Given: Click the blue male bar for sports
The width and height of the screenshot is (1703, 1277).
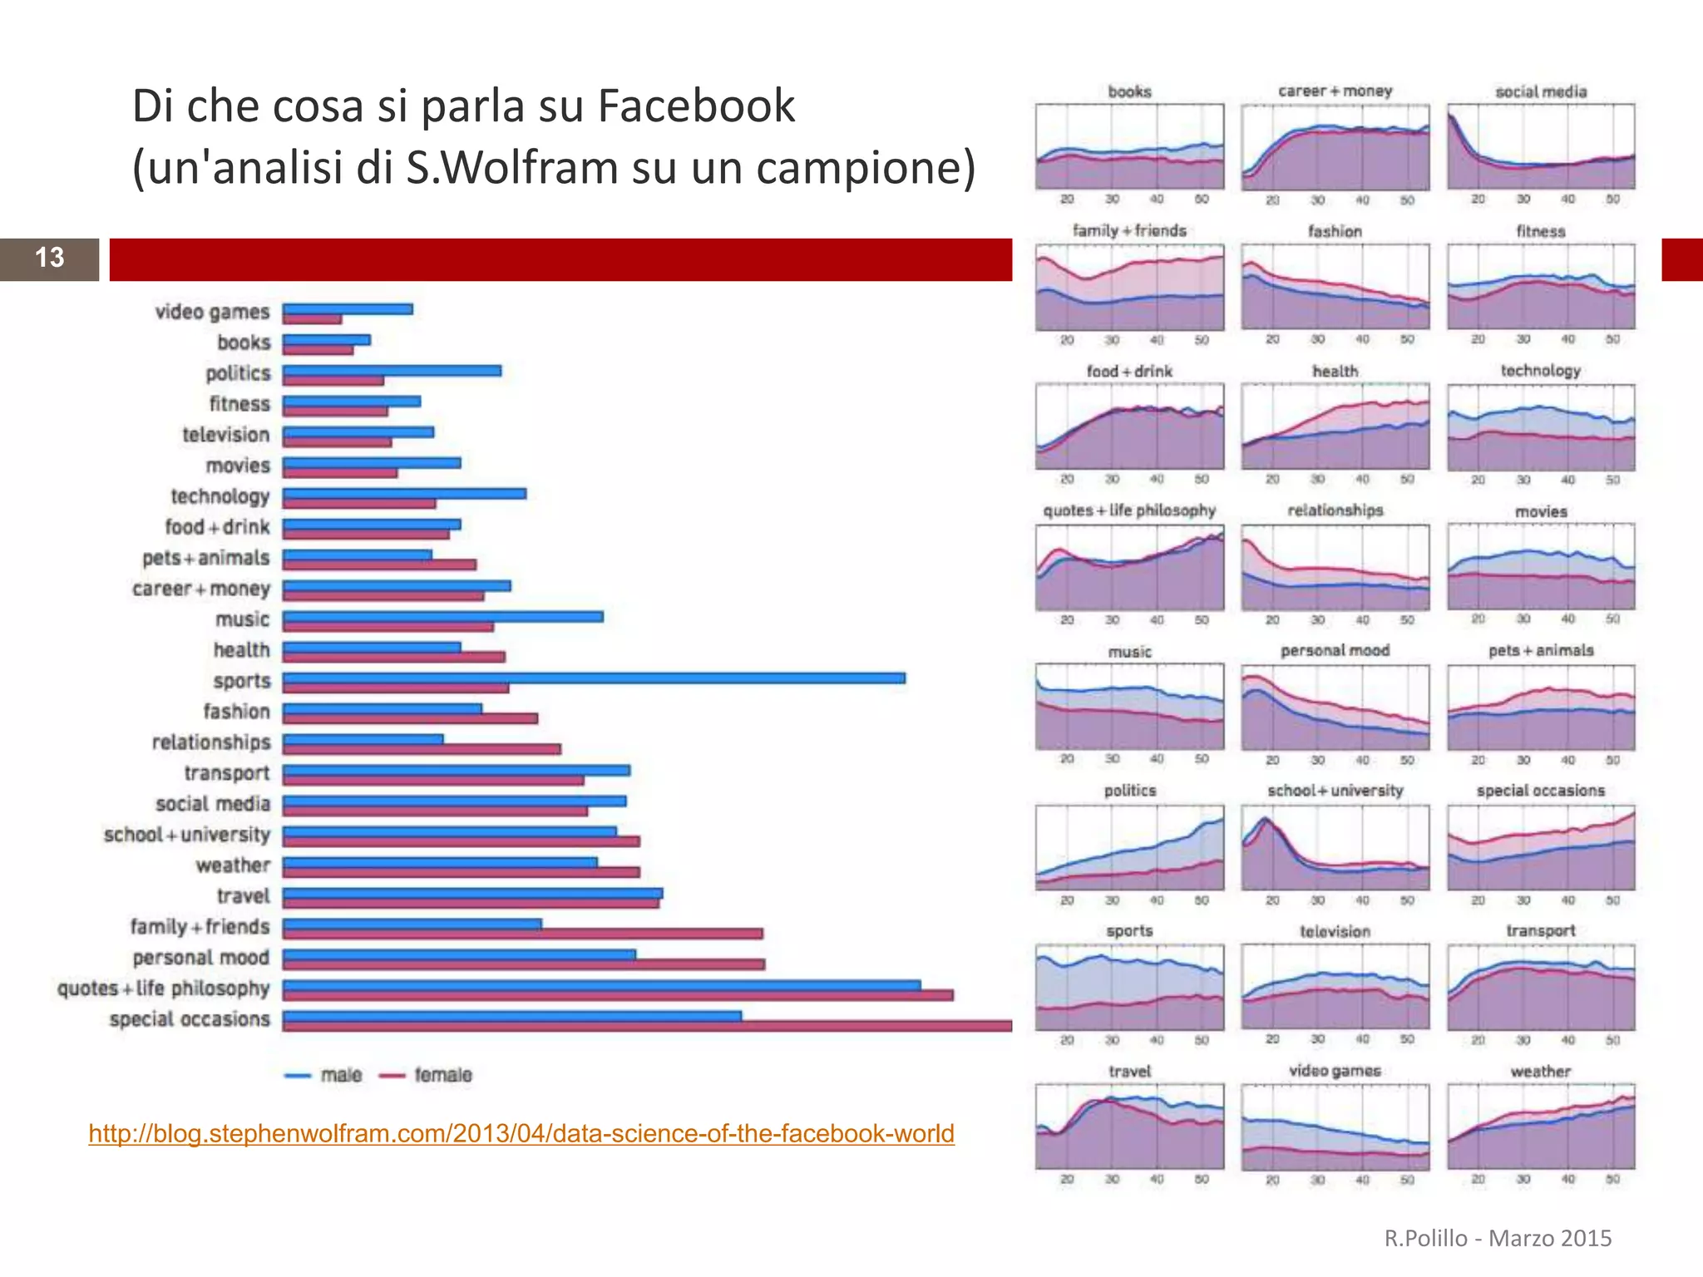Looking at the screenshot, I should coord(594,678).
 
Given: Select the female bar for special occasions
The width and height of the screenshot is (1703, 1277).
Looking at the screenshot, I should coord(647,1027).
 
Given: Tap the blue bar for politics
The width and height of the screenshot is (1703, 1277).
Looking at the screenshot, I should coord(392,371).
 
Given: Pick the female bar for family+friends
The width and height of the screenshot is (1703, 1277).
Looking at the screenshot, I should coord(522,934).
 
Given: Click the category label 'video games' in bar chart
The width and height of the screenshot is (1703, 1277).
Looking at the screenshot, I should coord(212,312).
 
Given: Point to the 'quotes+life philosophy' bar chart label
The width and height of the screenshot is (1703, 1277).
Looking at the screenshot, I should coord(164,989).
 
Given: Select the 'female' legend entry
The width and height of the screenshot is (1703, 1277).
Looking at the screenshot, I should coord(426,1075).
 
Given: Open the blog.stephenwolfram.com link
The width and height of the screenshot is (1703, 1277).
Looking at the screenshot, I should coord(521,1133).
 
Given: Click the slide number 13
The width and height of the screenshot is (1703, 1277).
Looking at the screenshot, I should coord(49,258).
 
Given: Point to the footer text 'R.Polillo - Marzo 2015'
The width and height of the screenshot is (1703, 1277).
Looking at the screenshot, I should coord(1498,1238).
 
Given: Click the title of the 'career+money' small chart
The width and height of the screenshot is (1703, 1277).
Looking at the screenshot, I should coord(1335,91).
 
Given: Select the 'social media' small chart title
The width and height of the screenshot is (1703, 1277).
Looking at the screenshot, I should coord(1540,91).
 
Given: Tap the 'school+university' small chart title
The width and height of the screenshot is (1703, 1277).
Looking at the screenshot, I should coord(1335,791).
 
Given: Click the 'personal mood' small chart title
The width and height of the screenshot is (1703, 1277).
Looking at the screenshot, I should coord(1335,650).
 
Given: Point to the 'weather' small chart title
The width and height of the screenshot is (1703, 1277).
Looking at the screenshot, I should coord(1540,1072).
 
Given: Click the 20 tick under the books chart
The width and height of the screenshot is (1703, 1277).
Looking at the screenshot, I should coord(1067,200).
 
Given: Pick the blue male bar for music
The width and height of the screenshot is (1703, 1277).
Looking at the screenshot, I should coord(442,617).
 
